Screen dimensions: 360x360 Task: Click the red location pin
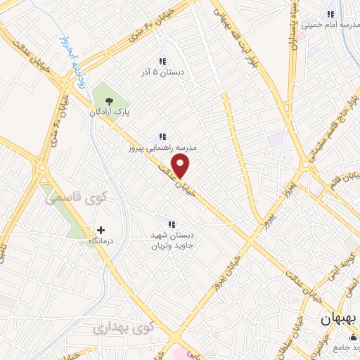coord(181,166)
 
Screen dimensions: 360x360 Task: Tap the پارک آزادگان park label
coord(109,112)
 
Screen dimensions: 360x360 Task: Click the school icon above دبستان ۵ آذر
coord(162,60)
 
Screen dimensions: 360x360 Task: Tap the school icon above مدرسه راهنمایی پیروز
coord(162,136)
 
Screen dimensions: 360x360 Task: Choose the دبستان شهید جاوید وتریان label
coord(172,240)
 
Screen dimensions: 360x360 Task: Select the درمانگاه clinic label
coord(101,241)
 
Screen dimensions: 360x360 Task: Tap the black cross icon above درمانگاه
coord(101,230)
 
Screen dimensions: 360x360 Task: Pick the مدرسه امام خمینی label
coord(331,25)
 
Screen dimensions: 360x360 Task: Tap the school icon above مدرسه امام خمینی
coord(330,13)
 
